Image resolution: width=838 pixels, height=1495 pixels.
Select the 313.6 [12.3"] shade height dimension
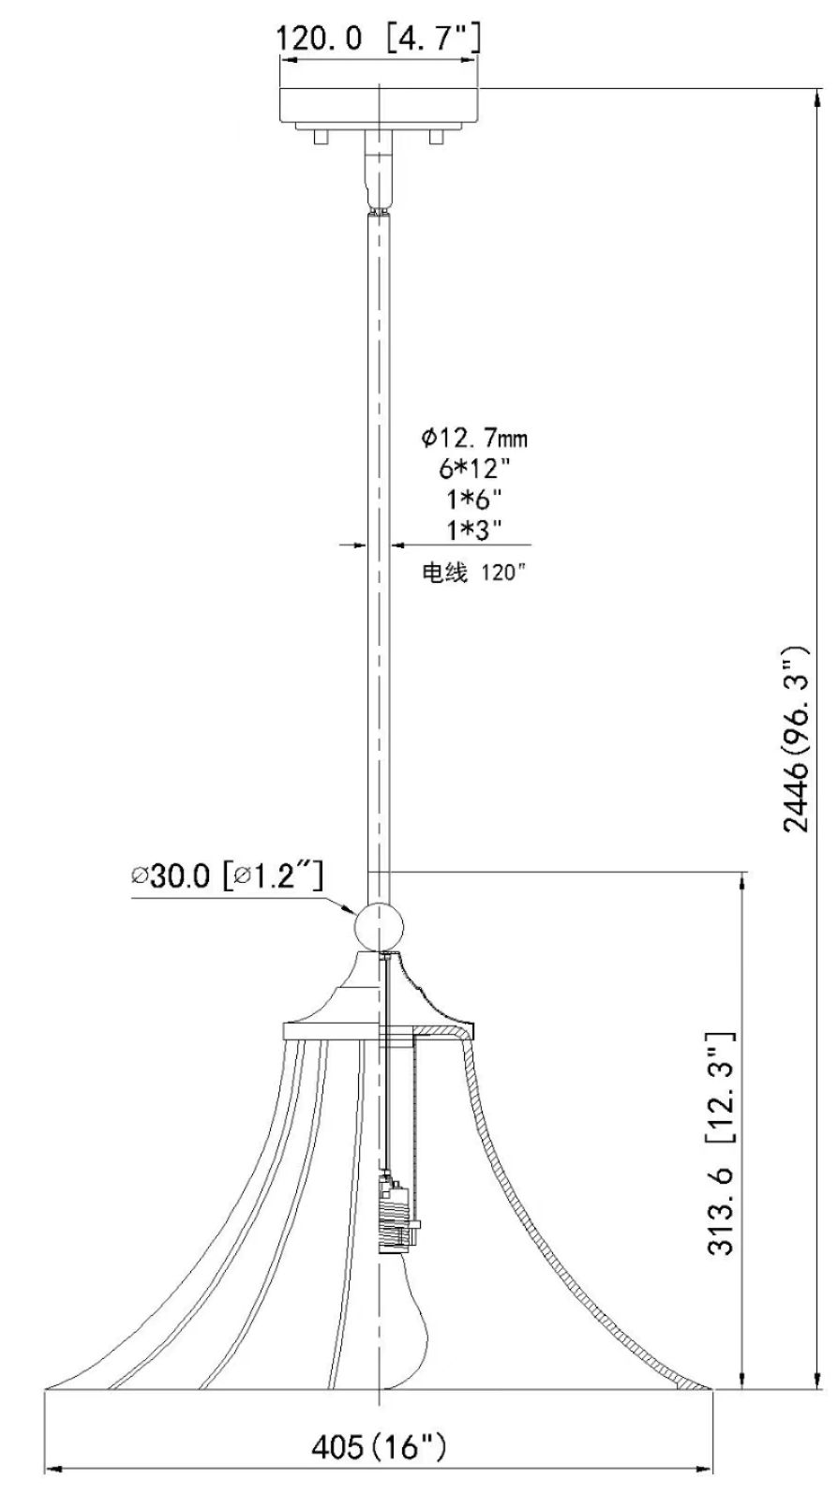pos(721,1144)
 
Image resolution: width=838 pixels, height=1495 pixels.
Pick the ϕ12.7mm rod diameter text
pos(473,438)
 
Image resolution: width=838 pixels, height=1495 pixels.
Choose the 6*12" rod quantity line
pos(473,467)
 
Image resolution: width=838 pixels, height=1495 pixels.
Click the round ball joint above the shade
pos(379,926)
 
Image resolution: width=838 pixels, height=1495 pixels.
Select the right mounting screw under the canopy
pos(435,137)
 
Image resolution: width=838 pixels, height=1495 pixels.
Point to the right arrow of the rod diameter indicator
pos(397,544)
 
